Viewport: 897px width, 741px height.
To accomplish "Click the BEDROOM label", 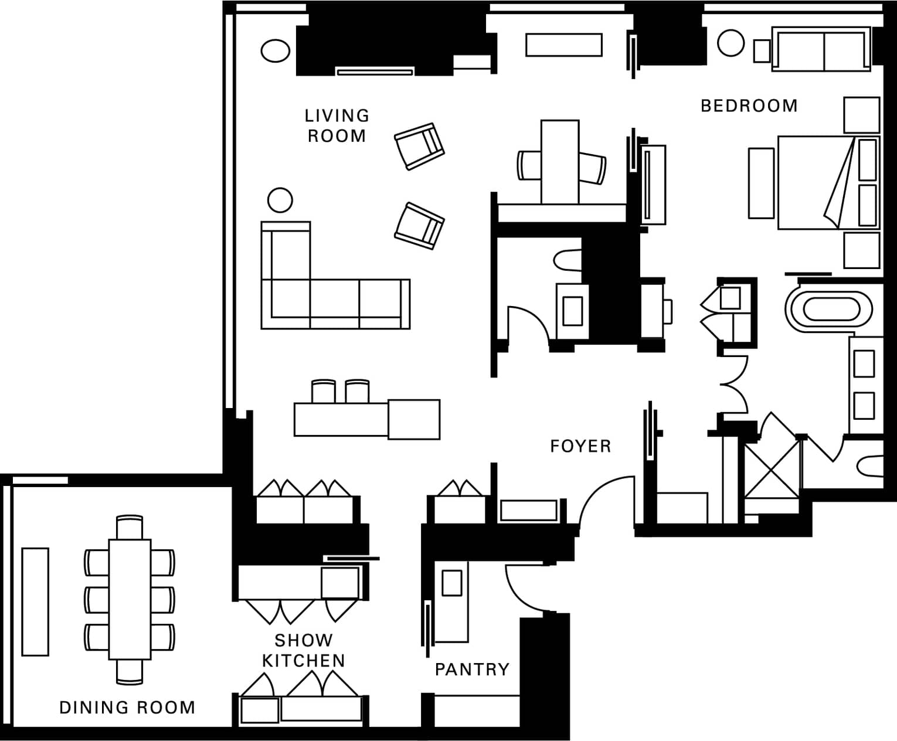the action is [x=749, y=106].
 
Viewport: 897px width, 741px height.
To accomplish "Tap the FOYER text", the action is [x=580, y=446].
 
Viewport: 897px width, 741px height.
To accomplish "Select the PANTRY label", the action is [x=472, y=669].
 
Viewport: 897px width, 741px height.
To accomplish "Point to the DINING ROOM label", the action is [x=127, y=708].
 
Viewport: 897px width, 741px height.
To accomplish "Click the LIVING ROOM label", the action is [x=337, y=126].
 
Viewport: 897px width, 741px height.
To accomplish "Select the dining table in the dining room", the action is [x=130, y=599].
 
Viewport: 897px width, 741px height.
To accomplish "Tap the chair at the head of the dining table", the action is [x=130, y=527].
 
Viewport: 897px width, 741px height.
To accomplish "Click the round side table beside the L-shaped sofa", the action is [x=280, y=200].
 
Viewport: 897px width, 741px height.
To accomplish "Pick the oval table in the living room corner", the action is [x=276, y=50].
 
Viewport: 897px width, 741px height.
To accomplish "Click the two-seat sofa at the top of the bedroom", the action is [x=821, y=49].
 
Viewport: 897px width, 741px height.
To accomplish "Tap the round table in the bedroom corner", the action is [x=730, y=43].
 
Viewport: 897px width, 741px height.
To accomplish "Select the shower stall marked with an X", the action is [x=772, y=471].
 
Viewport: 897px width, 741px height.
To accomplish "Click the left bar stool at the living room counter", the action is [x=324, y=391].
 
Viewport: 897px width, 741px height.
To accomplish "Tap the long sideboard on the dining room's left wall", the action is [x=35, y=602].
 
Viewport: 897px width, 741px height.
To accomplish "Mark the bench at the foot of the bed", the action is [x=761, y=183].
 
